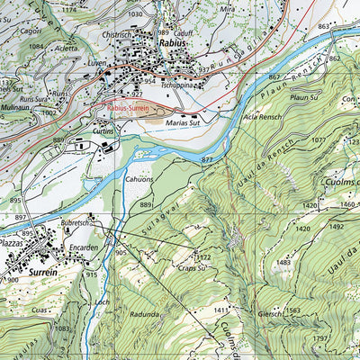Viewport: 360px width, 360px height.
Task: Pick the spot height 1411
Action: [x=221, y=311]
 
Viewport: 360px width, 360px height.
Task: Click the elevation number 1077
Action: [x=317, y=140]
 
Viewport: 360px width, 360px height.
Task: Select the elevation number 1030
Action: [x=135, y=14]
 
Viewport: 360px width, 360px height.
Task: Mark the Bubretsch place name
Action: [x=74, y=220]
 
